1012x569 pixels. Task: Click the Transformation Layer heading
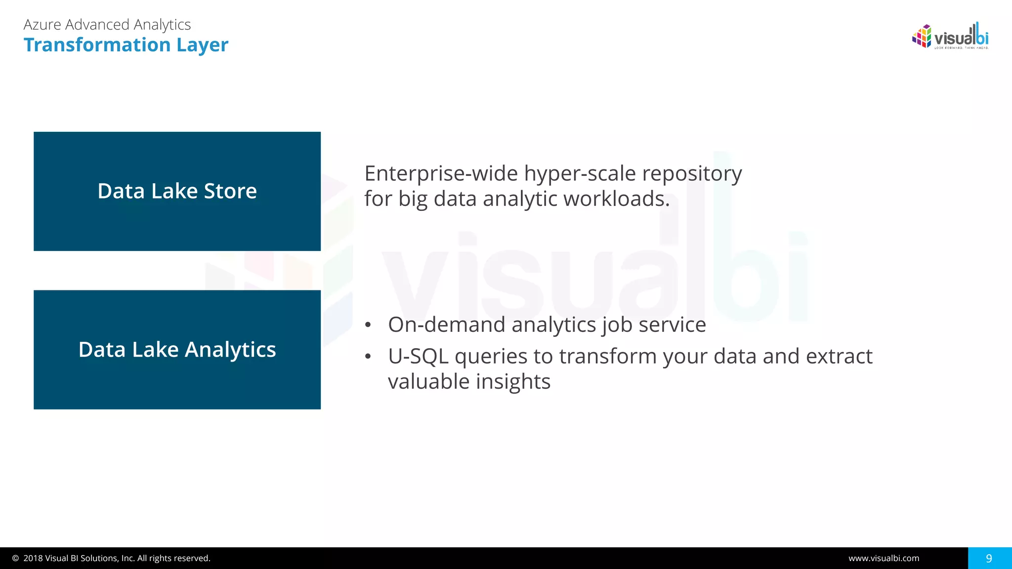point(126,45)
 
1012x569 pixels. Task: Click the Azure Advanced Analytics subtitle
point(107,25)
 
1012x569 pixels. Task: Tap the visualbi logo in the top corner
point(950,37)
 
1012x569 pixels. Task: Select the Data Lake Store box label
point(177,191)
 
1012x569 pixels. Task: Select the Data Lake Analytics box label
point(177,350)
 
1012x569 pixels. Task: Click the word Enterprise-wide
point(441,174)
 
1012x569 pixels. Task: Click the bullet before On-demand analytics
point(368,325)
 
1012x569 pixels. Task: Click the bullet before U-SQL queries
point(368,357)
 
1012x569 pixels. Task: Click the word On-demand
point(446,325)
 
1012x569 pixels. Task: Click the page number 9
point(989,558)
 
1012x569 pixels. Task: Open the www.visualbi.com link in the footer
point(884,558)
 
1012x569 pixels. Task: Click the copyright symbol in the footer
point(15,558)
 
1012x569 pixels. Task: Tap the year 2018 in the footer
point(33,558)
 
